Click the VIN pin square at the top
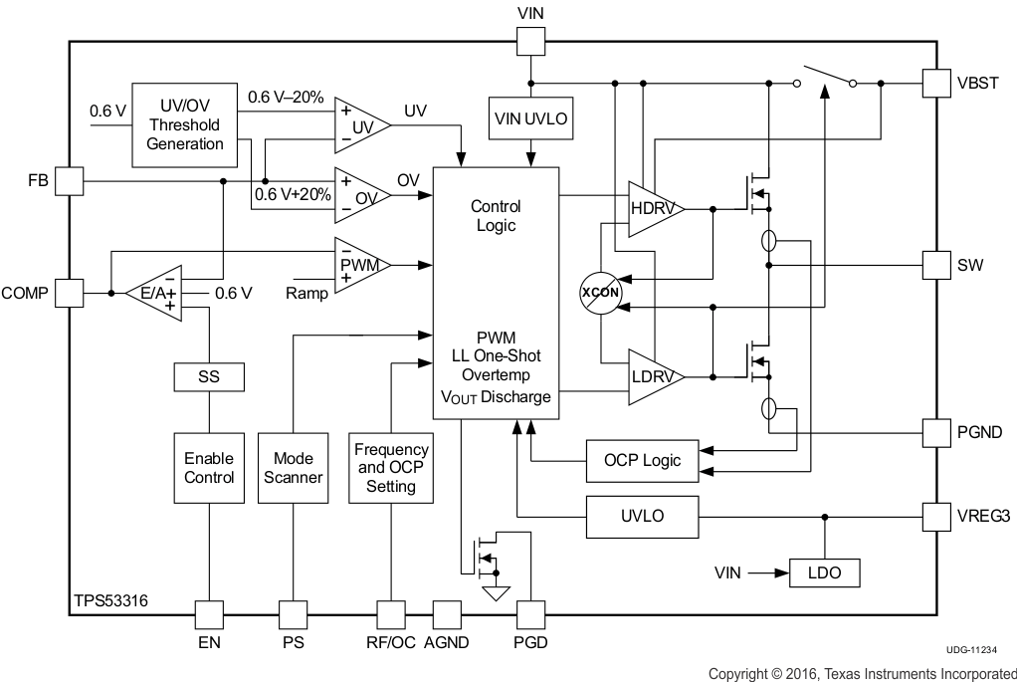[x=530, y=41]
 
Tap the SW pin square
[x=937, y=265]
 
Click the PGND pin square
[x=937, y=432]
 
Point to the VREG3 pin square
[x=937, y=517]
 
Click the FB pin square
[x=69, y=181]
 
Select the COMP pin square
[x=69, y=293]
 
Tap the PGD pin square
[x=530, y=614]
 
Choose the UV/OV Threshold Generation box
[x=185, y=124]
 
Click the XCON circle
[x=600, y=293]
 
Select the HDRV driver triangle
[x=653, y=209]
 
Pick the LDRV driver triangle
[x=653, y=377]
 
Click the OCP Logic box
[x=642, y=460]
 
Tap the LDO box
[x=824, y=572]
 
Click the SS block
[x=208, y=378]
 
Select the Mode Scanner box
[x=293, y=468]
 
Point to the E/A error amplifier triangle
[x=155, y=294]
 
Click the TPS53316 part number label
[x=111, y=602]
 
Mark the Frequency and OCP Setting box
[x=391, y=468]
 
